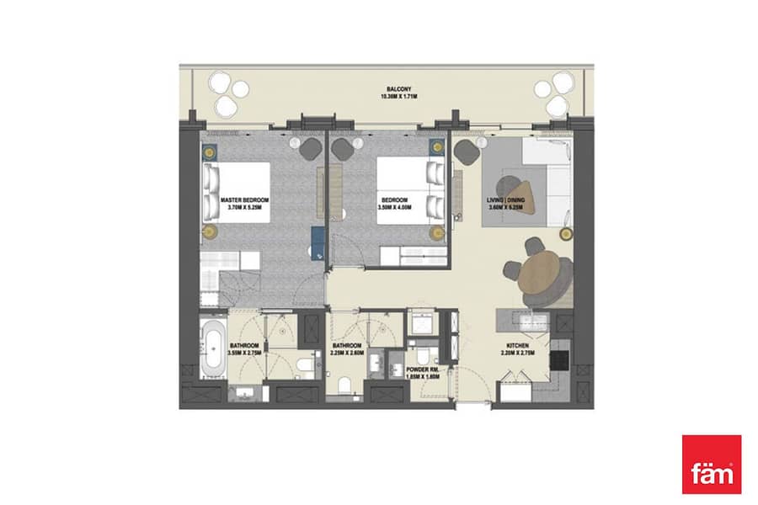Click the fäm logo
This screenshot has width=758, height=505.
pyautogui.click(x=711, y=464)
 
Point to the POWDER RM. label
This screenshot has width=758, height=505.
pyautogui.click(x=424, y=369)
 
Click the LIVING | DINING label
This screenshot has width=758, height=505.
pyautogui.click(x=505, y=200)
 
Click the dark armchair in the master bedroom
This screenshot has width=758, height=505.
pyautogui.click(x=312, y=148)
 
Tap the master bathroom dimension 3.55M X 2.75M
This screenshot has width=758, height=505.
pyautogui.click(x=244, y=353)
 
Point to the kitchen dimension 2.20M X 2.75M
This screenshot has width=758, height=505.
pyautogui.click(x=518, y=354)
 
